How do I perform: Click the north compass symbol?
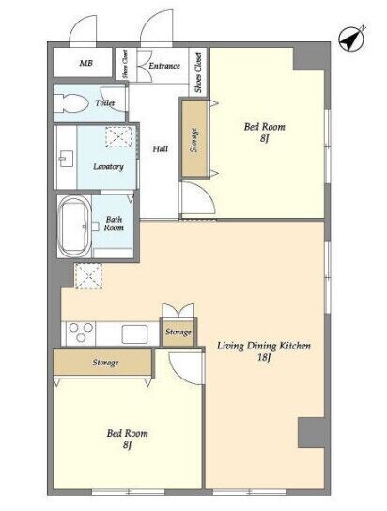click(351, 39)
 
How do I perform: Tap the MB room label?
click(86, 63)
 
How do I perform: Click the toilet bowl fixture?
click(71, 103)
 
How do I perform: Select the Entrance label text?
click(164, 66)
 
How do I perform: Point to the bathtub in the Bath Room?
click(74, 226)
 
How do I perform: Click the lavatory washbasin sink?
click(66, 159)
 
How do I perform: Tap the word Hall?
click(161, 149)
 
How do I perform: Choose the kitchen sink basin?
click(134, 334)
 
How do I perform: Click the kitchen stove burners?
click(81, 333)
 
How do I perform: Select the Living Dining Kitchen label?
click(264, 346)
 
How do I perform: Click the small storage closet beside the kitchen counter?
click(178, 333)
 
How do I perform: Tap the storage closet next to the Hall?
click(194, 138)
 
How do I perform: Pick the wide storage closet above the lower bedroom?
click(103, 363)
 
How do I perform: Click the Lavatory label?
click(108, 166)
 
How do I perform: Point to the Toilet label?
click(105, 103)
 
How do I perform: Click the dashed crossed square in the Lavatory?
click(118, 137)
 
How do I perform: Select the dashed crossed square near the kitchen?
click(88, 276)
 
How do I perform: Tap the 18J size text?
click(264, 358)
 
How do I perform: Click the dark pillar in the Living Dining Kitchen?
click(311, 432)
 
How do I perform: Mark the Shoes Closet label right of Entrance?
click(198, 71)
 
